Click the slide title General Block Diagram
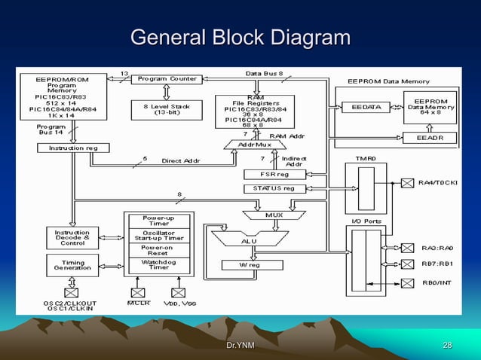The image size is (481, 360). coord(240,38)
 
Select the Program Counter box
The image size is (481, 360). coord(167,79)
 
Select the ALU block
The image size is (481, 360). coord(248,240)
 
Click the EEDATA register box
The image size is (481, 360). coord(366,108)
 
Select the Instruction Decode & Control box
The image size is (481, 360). coord(72,237)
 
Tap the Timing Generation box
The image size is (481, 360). coord(72,265)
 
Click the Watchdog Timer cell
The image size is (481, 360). coord(158,266)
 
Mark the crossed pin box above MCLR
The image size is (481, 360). coord(138,292)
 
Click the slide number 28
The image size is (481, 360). coord(448,345)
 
